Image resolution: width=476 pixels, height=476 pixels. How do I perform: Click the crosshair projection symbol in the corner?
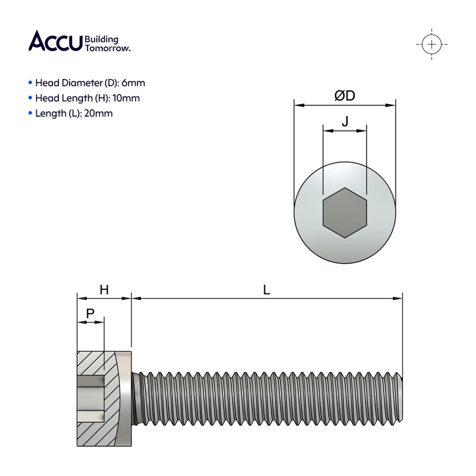[431, 44]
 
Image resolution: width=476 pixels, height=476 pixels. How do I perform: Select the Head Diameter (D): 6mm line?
[90, 83]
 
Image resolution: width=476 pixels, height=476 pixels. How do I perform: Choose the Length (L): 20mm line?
[74, 113]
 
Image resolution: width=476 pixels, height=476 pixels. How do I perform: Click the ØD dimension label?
[345, 95]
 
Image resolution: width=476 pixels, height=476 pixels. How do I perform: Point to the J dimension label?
[345, 121]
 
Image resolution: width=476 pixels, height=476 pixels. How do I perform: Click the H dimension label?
[104, 290]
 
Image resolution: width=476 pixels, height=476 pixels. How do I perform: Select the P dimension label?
[90, 313]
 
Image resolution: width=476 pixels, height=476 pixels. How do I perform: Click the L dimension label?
[267, 290]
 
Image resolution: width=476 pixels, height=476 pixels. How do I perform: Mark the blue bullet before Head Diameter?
[30, 83]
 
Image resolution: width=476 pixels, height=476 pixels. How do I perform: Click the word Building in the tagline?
[102, 39]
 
